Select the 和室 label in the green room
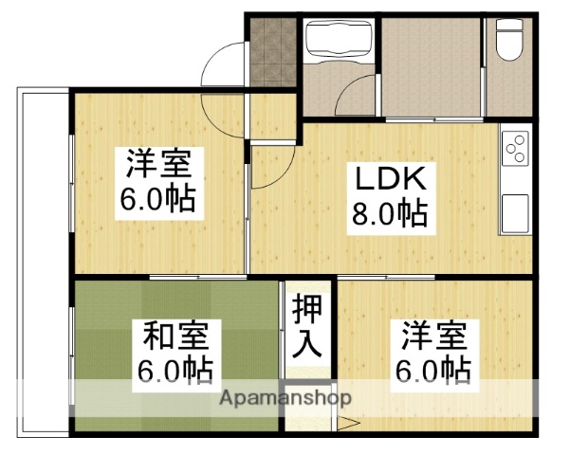(x=179, y=337)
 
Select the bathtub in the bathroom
(x=339, y=42)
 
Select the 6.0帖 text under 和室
(x=179, y=370)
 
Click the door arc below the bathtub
(x=359, y=98)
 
